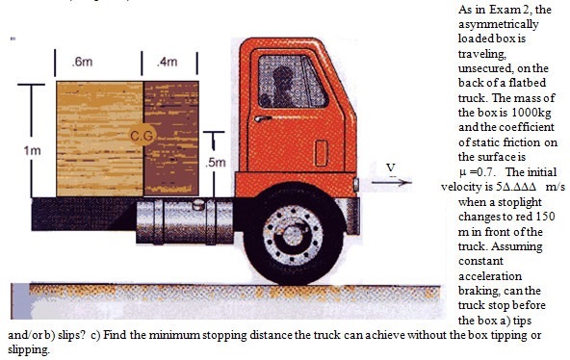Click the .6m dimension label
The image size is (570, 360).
pyautogui.click(x=82, y=62)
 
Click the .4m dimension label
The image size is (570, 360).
pyautogui.click(x=168, y=62)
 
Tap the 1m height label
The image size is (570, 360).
pyautogui.click(x=33, y=150)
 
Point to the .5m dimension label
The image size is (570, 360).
pyautogui.click(x=216, y=163)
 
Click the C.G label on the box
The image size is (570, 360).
pyautogui.click(x=142, y=136)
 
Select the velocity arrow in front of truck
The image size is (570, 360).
pyautogui.click(x=392, y=182)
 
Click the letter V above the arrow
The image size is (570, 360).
pyautogui.click(x=391, y=168)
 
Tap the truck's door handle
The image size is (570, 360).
pyautogui.click(x=263, y=118)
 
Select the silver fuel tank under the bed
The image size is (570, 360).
pyautogui.click(x=185, y=221)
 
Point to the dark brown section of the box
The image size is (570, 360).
pyautogui.click(x=170, y=139)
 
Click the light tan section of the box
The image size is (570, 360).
pyautogui.click(x=99, y=139)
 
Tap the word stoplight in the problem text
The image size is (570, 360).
pyautogui.click(x=520, y=202)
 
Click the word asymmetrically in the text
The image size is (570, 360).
pyautogui.click(x=498, y=24)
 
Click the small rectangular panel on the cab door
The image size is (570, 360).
pyautogui.click(x=321, y=153)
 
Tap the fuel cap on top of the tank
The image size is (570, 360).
pyautogui.click(x=199, y=204)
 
